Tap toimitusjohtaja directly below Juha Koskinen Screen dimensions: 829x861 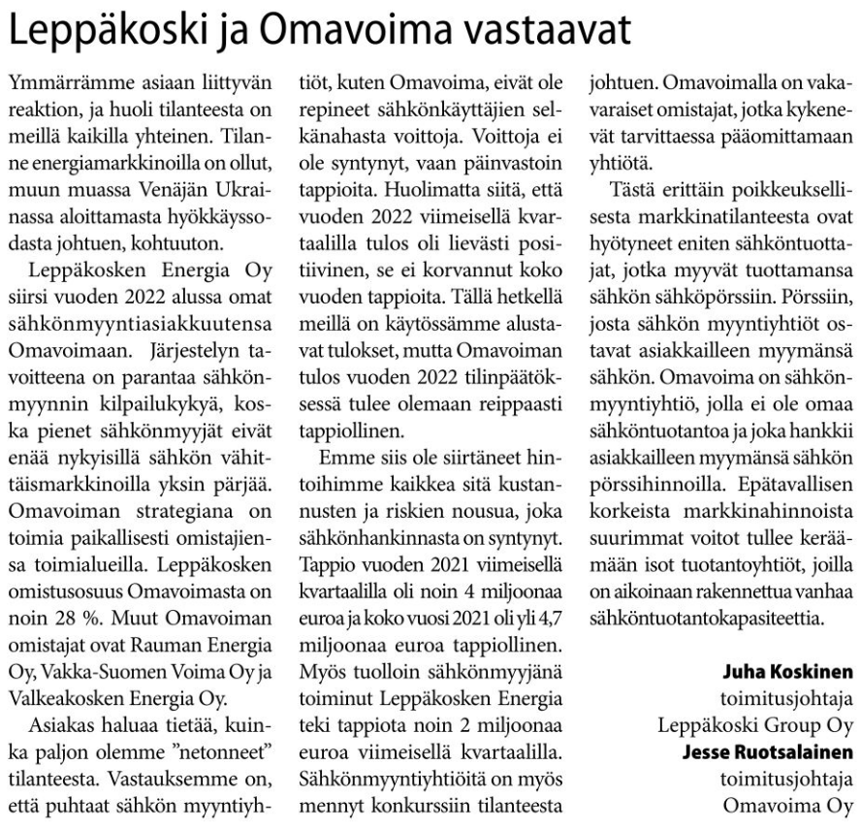786,697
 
